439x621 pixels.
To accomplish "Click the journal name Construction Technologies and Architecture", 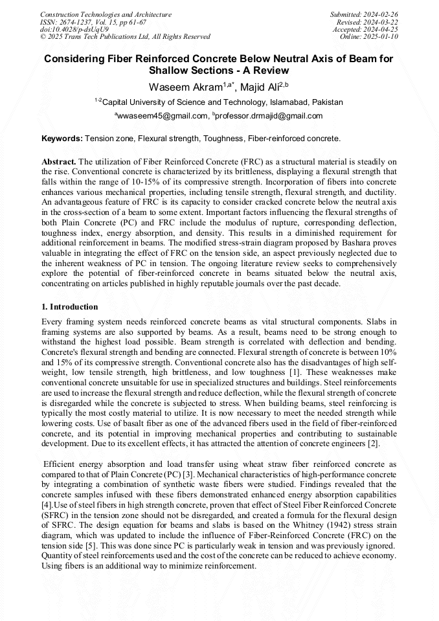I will [106, 14].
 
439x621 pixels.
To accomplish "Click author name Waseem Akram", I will [180, 86].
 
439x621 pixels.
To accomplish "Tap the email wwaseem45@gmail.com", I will [162, 116].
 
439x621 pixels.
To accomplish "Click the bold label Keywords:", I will [62, 139].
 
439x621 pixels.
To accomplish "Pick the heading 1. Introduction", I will [69, 307].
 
